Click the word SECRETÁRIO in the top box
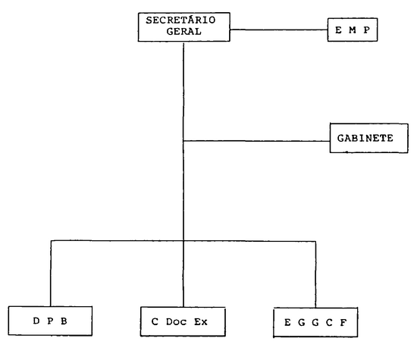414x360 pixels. click(x=181, y=20)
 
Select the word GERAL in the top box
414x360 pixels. click(x=183, y=32)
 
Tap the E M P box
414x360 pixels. click(x=353, y=30)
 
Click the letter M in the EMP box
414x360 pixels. click(x=353, y=30)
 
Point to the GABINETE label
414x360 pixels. click(x=365, y=138)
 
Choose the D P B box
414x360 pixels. click(x=50, y=321)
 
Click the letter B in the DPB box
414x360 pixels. click(x=64, y=321)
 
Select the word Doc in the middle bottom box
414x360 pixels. click(x=176, y=322)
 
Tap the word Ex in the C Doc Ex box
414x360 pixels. click(x=201, y=322)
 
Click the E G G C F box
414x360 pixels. click(x=315, y=322)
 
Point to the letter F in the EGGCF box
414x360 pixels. click(x=343, y=323)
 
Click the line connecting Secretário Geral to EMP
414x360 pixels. click(x=279, y=30)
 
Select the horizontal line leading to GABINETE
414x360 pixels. click(x=256, y=141)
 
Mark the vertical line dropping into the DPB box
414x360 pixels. click(x=51, y=274)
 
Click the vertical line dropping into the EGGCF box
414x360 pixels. click(x=315, y=274)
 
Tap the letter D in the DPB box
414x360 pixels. click(x=36, y=321)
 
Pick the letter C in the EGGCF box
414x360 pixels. click(x=329, y=323)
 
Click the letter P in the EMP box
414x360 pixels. click(x=366, y=30)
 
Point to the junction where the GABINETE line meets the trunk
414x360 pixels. click(x=183, y=141)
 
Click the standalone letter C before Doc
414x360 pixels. click(x=155, y=322)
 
